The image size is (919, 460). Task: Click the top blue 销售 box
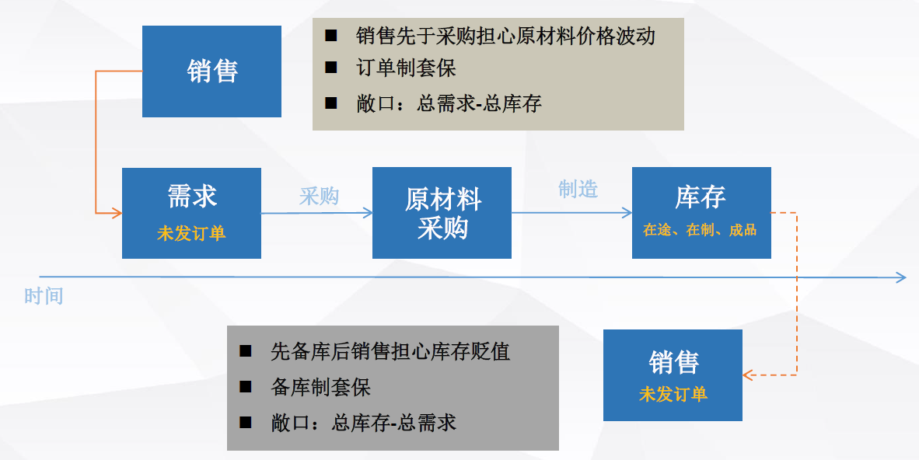click(x=211, y=71)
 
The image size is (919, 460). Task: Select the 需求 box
click(x=192, y=214)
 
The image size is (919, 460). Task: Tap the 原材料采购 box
click(x=442, y=214)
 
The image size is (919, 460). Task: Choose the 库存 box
click(x=701, y=213)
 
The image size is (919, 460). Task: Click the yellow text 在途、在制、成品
click(x=700, y=230)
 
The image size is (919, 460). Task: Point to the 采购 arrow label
click(x=320, y=197)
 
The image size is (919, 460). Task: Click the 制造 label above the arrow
click(x=578, y=190)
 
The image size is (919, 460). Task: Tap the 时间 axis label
click(x=44, y=296)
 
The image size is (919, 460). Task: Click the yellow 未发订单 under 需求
click(x=192, y=234)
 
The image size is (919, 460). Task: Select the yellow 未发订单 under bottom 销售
click(x=673, y=395)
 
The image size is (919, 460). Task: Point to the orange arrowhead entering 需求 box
click(x=117, y=213)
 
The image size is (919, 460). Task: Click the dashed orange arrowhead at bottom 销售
click(x=748, y=375)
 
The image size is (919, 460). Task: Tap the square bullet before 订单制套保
click(x=331, y=68)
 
